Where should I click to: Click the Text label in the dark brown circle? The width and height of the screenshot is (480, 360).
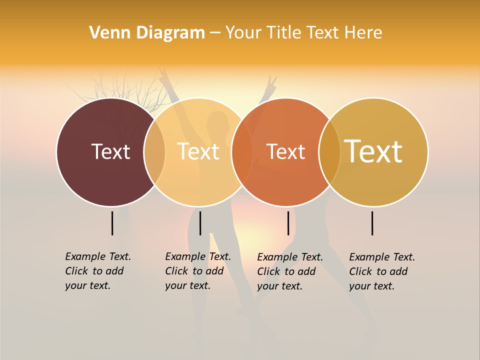(110, 151)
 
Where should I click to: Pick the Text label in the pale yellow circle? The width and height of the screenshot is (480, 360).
(198, 151)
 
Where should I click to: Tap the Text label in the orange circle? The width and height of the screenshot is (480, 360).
(285, 151)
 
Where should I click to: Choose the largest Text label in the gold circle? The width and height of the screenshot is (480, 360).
(373, 151)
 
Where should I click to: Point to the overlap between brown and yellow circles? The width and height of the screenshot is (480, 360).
(154, 152)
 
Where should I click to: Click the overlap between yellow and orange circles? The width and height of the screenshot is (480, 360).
(242, 152)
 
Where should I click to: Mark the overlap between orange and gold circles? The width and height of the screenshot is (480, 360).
(329, 152)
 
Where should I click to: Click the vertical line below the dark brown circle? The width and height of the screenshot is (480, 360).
(112, 223)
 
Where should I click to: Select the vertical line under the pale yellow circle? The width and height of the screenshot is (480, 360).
(200, 223)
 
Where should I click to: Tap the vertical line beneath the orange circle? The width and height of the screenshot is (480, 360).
(288, 223)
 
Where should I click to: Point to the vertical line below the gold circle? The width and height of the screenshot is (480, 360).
(372, 223)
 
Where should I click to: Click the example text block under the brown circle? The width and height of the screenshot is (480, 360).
(97, 271)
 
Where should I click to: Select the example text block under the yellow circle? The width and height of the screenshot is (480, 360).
(197, 271)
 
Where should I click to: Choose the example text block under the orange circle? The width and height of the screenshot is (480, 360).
(289, 271)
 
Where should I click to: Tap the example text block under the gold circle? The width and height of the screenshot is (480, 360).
(381, 271)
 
